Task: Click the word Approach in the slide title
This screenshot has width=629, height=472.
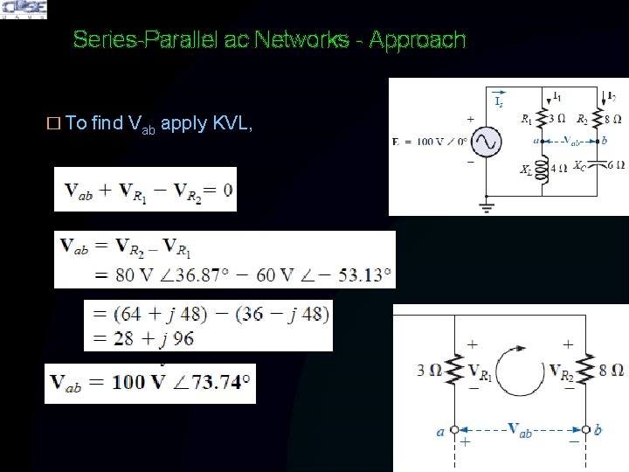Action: tap(418, 40)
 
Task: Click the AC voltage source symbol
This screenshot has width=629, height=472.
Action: tap(486, 142)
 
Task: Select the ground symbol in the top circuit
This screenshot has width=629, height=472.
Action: tap(486, 207)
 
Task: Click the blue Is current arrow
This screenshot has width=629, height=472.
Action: tap(499, 94)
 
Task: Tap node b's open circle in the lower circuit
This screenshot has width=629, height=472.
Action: tap(584, 430)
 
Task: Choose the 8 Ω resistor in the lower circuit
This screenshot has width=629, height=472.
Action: tap(584, 371)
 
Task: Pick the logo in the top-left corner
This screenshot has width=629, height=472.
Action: tap(24, 10)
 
